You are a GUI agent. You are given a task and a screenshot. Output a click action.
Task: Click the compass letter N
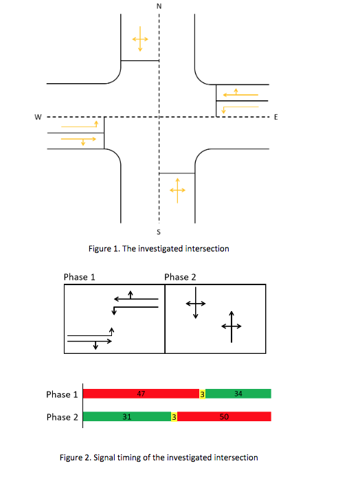click(x=159, y=5)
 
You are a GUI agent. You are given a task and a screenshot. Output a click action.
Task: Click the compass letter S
click(x=159, y=231)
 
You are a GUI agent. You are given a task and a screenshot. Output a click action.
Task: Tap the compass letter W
click(x=39, y=117)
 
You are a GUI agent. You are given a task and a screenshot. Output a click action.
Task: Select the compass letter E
click(x=275, y=118)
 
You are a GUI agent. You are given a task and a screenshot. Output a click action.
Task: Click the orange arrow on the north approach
click(x=139, y=38)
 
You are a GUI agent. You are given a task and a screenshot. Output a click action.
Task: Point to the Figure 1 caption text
click(x=159, y=248)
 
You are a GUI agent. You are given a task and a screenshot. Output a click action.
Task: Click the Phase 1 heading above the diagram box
click(x=79, y=277)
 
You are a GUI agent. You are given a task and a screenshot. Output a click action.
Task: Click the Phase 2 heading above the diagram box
click(x=181, y=277)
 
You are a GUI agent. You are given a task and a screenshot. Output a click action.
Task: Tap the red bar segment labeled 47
click(x=141, y=394)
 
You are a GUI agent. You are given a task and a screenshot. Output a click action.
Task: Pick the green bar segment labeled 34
click(x=238, y=394)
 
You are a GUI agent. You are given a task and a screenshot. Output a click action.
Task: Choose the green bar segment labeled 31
click(x=127, y=416)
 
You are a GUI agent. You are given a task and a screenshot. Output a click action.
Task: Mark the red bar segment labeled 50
click(x=225, y=416)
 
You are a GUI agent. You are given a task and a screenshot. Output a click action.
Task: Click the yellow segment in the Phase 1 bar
click(x=202, y=394)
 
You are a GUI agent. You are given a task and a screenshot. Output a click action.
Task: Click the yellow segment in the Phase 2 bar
click(x=175, y=416)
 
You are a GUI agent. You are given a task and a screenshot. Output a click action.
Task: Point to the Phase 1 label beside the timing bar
click(x=62, y=394)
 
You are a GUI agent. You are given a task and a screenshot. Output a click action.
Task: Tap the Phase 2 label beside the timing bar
click(x=62, y=417)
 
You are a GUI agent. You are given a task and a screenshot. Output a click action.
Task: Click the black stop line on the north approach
click(x=140, y=60)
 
